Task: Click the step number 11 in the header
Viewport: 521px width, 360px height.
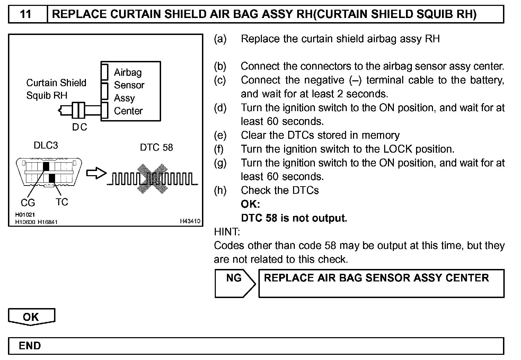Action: [26, 14]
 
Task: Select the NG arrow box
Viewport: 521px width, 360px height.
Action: [235, 283]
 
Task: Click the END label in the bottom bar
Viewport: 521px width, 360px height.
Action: [30, 346]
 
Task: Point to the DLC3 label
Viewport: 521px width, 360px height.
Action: [46, 145]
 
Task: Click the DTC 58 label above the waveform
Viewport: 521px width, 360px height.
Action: [156, 147]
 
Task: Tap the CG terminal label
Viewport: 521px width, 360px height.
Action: [28, 202]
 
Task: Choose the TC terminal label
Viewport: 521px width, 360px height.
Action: [62, 202]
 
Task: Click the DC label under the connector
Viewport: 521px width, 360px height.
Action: [79, 127]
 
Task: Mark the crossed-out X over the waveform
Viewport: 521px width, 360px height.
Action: [152, 179]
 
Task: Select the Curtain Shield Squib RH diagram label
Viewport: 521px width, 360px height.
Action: [56, 89]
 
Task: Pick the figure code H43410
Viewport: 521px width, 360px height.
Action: [190, 221]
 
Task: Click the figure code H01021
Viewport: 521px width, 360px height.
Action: [25, 215]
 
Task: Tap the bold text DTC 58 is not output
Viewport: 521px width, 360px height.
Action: [294, 218]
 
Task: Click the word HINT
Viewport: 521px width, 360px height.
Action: [227, 232]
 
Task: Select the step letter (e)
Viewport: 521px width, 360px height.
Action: [220, 135]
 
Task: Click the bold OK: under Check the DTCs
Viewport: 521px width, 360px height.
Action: [250, 204]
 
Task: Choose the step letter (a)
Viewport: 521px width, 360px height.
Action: [220, 39]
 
